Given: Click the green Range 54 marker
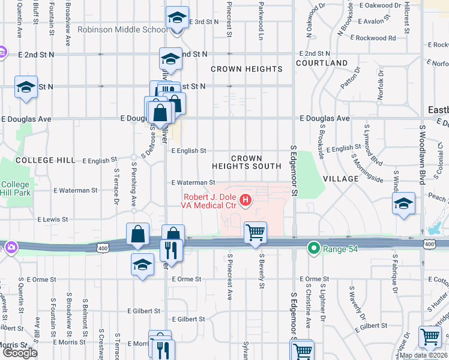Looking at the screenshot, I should click(313, 247).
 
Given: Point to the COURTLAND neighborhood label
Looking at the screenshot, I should click(321, 63).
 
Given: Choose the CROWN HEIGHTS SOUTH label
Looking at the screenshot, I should click(247, 162).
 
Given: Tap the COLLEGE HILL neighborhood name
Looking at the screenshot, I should click(45, 160).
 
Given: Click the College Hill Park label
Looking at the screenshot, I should click(15, 189).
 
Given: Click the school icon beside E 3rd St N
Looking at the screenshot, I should click(176, 18).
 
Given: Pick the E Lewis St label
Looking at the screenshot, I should click(52, 220).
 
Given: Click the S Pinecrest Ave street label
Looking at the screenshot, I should click(229, 277).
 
